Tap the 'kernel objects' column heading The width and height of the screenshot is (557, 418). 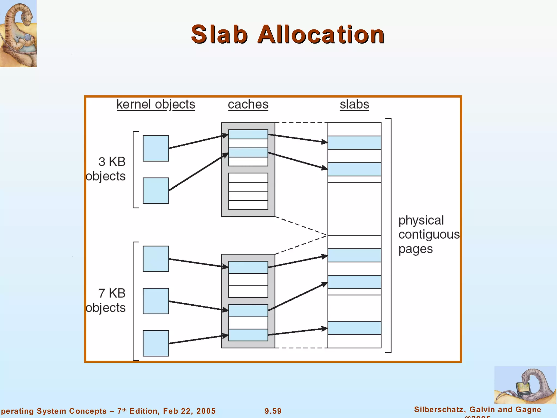156,104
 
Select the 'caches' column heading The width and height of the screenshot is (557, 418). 248,104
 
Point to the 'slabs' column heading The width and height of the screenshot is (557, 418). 354,104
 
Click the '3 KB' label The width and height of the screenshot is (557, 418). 112,162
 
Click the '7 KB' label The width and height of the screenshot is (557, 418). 112,293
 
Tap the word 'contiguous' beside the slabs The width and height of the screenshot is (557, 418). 429,235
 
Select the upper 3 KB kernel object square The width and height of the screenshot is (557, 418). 156,148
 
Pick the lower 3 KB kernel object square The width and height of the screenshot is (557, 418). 156,190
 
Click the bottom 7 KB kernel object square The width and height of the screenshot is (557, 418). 156,343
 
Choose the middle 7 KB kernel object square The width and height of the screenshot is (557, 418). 156,301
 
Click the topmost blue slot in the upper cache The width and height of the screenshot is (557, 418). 248,134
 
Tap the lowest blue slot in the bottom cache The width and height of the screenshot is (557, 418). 248,335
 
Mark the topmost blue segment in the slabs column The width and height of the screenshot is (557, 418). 354,143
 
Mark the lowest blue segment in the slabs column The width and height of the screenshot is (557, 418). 354,328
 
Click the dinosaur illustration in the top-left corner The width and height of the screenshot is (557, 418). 18,33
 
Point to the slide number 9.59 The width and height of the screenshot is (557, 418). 273,411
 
